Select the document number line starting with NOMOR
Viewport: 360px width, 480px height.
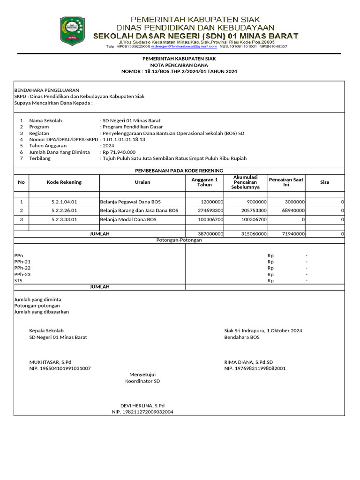[179, 72]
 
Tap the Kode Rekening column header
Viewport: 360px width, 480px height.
[64, 182]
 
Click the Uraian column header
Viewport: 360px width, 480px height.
[142, 182]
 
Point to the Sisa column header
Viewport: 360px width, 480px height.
[324, 182]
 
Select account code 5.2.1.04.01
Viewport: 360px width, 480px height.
[64, 202]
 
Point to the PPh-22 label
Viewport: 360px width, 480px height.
[22, 268]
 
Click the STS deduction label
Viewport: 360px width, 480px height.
[18, 281]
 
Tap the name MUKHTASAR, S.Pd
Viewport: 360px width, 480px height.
[51, 362]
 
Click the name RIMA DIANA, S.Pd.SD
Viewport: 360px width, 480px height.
[248, 362]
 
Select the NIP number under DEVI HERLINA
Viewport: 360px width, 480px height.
[142, 412]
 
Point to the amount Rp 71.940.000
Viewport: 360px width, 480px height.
[119, 152]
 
